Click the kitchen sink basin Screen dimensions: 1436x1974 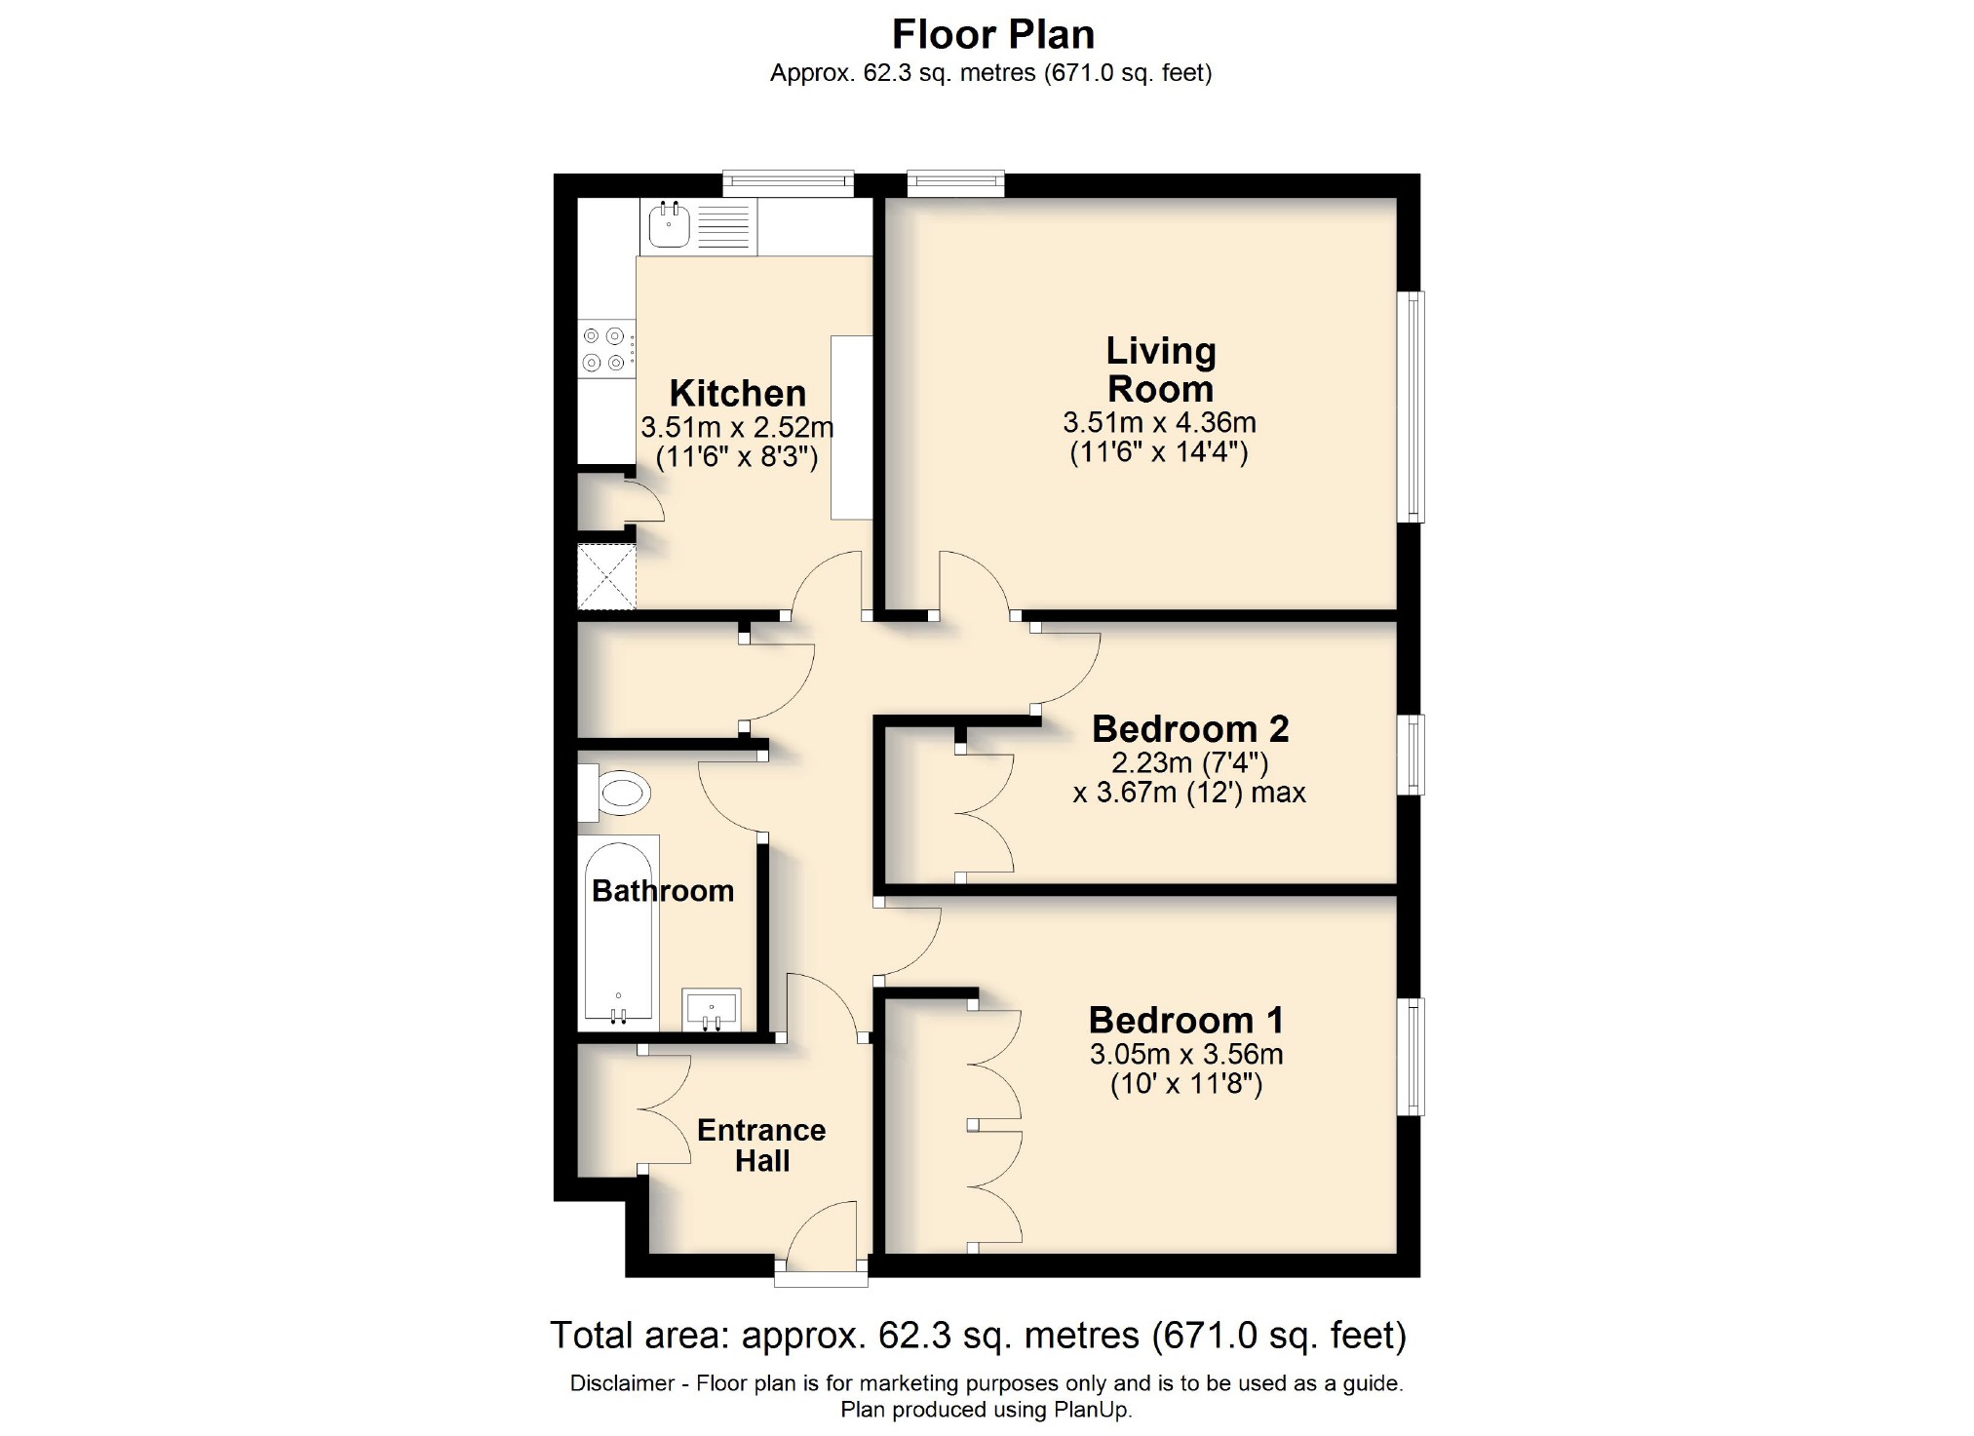coord(669,226)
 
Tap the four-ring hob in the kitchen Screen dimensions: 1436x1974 coord(604,350)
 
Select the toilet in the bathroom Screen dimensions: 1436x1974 coord(620,794)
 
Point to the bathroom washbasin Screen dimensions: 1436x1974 coord(712,1009)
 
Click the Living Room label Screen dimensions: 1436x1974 coord(1160,369)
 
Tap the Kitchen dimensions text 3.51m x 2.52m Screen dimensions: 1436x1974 coord(737,427)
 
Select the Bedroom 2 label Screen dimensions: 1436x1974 coord(1189,728)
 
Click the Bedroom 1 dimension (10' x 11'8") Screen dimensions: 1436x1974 coord(1185,1084)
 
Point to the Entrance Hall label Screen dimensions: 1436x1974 coord(761,1145)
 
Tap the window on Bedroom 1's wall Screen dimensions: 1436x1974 coord(1411,1056)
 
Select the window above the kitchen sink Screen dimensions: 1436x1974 coord(788,181)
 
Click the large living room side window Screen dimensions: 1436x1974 coord(1411,407)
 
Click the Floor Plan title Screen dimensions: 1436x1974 coord(992,35)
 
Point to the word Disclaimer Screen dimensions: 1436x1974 coord(622,1383)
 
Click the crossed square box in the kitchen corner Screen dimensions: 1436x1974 coord(606,576)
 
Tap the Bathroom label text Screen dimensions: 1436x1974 coord(663,890)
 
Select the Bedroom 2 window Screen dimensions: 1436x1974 coord(1411,755)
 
